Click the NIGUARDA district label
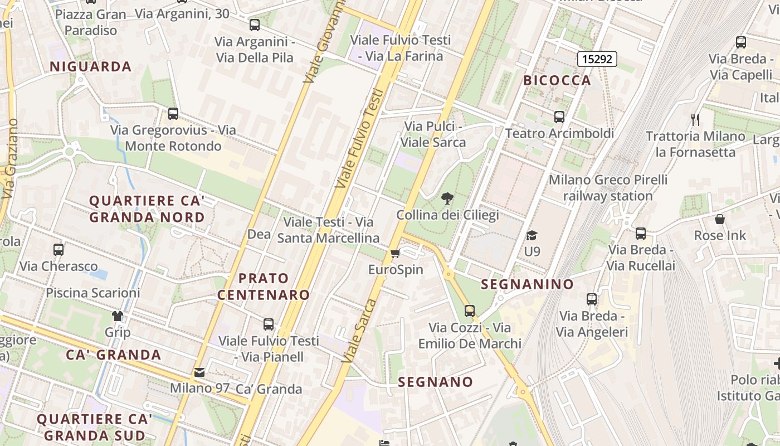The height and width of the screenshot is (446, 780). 90,67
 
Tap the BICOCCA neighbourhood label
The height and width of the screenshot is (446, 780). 557,80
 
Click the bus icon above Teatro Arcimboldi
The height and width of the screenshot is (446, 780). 559,117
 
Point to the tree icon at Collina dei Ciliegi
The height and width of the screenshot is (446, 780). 447,198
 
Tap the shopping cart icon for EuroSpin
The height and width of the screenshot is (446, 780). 396,254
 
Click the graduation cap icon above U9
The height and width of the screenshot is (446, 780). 532,235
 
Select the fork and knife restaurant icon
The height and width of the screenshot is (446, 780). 695,119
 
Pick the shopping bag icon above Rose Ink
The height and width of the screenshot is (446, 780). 720,219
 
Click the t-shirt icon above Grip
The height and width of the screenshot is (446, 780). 118,316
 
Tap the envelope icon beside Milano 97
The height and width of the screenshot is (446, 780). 199,372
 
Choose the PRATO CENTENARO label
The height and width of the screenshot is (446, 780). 264,287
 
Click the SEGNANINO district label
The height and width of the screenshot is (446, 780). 527,284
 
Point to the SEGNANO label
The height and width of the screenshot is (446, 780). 436,382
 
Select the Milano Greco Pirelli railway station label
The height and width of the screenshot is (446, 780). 608,188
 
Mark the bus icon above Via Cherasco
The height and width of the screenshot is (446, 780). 58,250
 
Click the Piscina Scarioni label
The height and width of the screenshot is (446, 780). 93,293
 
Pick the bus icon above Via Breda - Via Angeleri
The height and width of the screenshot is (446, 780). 592,299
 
